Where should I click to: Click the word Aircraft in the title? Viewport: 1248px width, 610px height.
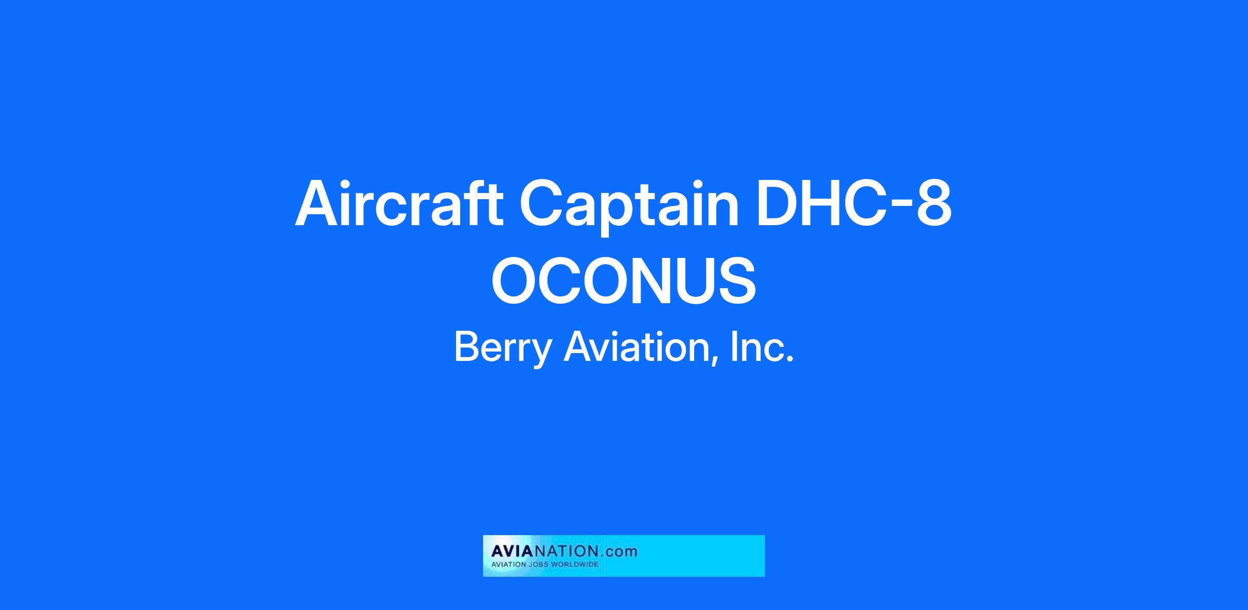399,203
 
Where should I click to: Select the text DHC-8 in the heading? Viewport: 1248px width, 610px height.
854,203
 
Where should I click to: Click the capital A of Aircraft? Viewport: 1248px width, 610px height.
320,203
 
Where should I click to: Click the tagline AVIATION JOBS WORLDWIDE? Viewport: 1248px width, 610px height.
545,565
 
